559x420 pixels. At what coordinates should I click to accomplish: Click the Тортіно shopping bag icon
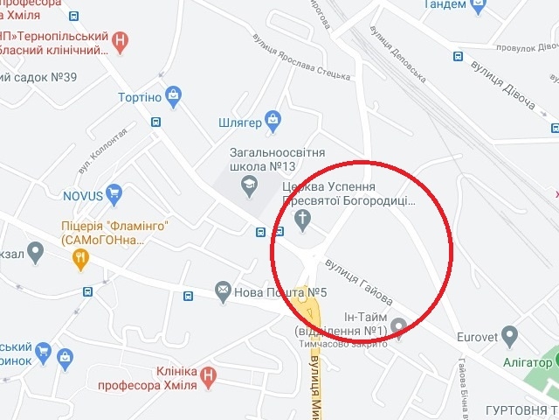point(174,94)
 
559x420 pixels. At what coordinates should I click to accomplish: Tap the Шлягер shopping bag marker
point(273,118)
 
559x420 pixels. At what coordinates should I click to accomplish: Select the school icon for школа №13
point(249,185)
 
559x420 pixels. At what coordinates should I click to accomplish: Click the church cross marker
point(303,219)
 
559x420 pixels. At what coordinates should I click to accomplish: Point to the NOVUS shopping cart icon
point(113,192)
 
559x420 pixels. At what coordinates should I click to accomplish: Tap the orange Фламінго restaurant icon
point(80,256)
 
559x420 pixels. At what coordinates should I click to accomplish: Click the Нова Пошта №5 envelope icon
point(223,290)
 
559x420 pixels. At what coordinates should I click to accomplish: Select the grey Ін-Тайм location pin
point(399,327)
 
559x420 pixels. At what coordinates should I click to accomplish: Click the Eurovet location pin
point(509,333)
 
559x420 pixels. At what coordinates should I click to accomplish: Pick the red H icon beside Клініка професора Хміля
point(208,377)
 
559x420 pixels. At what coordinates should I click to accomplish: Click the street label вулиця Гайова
point(356,276)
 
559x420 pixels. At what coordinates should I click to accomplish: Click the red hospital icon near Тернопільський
point(121,38)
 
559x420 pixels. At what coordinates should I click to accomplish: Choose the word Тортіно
point(141,96)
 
